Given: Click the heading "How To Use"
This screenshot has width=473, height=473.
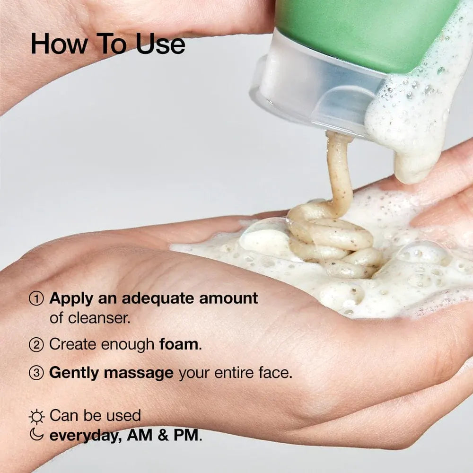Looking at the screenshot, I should [108, 44].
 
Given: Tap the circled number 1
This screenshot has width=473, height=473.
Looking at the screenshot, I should [36, 299].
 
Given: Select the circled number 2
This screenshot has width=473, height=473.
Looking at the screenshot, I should [36, 345].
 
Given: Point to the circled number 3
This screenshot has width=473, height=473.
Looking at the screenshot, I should [36, 373].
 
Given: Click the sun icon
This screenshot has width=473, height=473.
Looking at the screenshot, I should [36, 416].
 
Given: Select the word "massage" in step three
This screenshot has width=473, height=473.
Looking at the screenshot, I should [139, 373].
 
